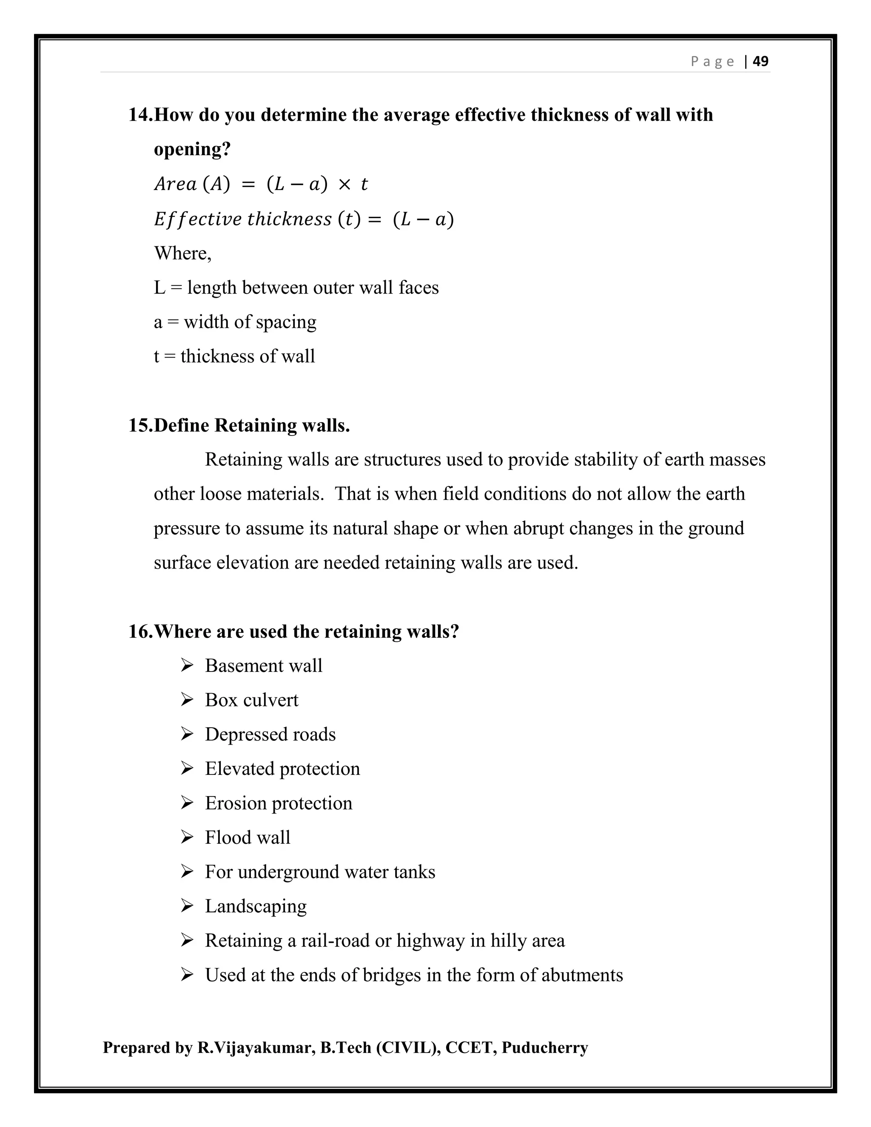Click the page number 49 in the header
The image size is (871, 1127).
point(760,61)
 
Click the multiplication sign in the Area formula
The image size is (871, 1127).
point(344,184)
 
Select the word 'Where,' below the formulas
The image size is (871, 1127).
point(182,253)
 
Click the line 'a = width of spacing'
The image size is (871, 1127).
point(235,322)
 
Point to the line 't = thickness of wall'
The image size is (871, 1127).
point(234,356)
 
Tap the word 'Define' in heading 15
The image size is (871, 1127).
point(182,425)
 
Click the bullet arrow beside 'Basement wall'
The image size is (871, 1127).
point(187,666)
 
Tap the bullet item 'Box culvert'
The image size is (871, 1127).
point(251,700)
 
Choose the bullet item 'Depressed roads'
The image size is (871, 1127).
point(270,735)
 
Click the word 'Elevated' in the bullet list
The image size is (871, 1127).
point(239,769)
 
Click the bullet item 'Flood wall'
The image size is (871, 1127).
point(247,837)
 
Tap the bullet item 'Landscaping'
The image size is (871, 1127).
point(256,907)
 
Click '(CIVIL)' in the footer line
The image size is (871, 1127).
point(408,1047)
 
